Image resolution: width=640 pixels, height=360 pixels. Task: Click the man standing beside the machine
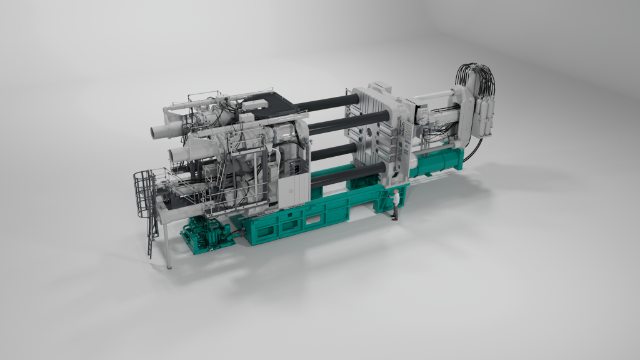tap(395, 206)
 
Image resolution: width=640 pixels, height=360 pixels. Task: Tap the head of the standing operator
tap(396, 192)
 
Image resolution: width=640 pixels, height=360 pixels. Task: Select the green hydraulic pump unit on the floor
tap(206, 234)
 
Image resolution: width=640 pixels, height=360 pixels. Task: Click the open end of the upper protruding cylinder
tap(156, 132)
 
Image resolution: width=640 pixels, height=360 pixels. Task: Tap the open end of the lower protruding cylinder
tap(173, 154)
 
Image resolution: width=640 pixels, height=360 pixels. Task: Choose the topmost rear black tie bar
tap(325, 102)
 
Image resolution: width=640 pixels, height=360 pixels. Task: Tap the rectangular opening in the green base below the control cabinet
tap(294, 219)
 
